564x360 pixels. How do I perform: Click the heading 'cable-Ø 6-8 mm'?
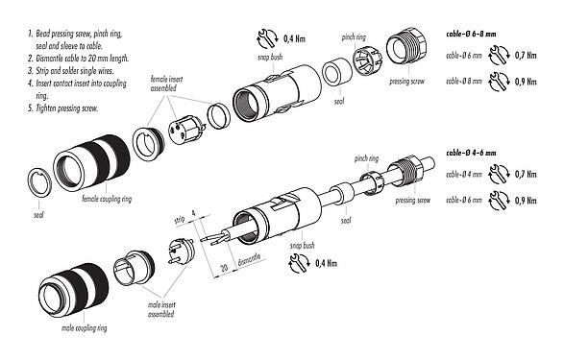click(474, 34)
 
